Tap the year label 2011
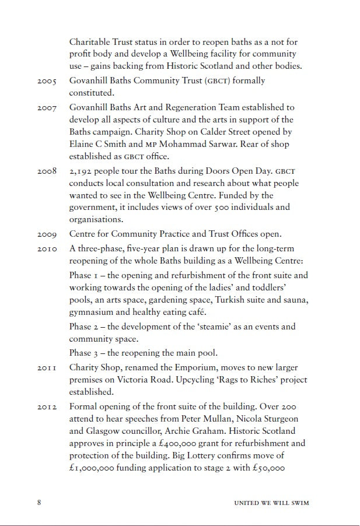[44, 367]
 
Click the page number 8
[39, 503]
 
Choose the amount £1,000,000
[92, 468]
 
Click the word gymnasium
[93, 313]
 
